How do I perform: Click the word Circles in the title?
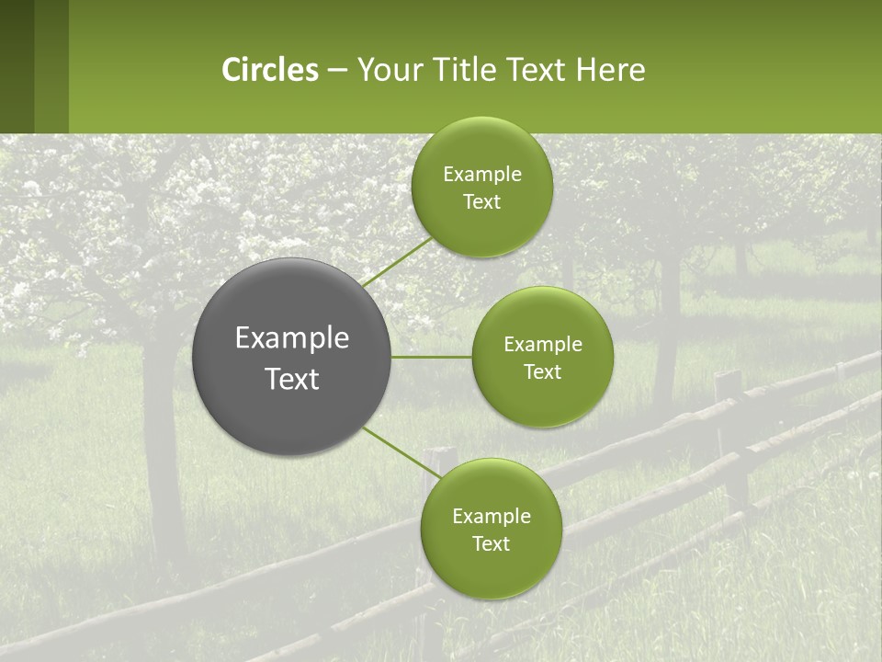[269, 70]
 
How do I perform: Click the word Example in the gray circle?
[292, 338]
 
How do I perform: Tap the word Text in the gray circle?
[292, 379]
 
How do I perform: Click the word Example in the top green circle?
[481, 175]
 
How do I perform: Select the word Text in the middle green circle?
[542, 372]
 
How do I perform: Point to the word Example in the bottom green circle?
[491, 517]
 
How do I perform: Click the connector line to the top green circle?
[397, 260]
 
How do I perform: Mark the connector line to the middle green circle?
[432, 357]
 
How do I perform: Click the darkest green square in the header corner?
[17, 66]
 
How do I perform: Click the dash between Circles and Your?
[337, 71]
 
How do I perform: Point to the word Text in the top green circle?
[481, 202]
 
